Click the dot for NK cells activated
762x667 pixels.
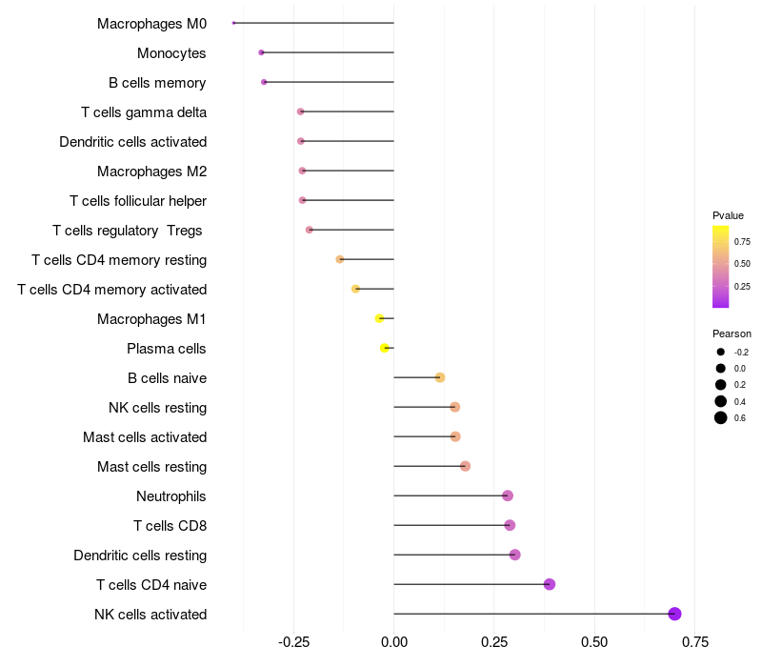674,614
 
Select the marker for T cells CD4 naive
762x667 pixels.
550,584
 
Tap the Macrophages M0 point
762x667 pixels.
233,23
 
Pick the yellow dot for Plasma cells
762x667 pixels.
385,348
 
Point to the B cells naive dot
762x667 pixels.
440,377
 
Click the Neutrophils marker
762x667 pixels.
508,495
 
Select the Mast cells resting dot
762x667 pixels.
465,466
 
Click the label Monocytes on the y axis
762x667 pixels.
171,53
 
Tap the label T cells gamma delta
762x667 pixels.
144,112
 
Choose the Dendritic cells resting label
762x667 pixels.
140,555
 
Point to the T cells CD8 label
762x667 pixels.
170,525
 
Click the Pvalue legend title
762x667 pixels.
728,215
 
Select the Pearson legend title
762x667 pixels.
732,333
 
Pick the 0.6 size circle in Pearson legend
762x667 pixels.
721,417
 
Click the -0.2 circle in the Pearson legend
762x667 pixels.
721,352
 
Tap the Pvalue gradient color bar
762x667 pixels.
721,267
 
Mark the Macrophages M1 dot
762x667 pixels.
379,318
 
